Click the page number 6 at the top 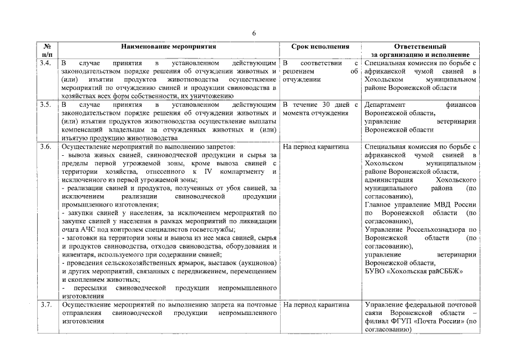click(x=254, y=33)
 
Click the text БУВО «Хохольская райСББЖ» click(x=413, y=271)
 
